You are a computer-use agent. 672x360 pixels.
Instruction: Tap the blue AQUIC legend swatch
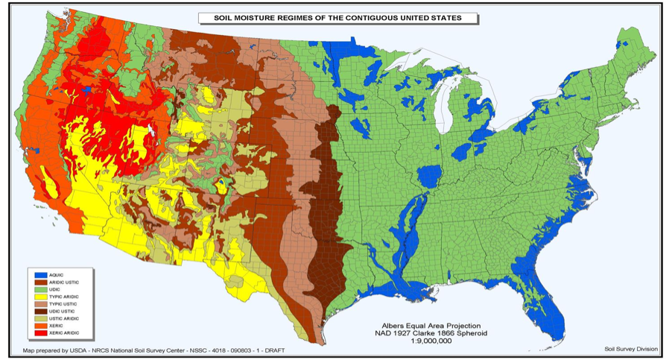click(x=36, y=275)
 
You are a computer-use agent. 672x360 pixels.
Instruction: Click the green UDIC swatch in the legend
click(x=36, y=289)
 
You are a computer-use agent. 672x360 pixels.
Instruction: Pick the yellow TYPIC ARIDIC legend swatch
click(x=36, y=297)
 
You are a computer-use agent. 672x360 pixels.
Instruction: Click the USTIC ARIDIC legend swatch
click(x=36, y=318)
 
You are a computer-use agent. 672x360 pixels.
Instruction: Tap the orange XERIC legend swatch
click(x=36, y=326)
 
